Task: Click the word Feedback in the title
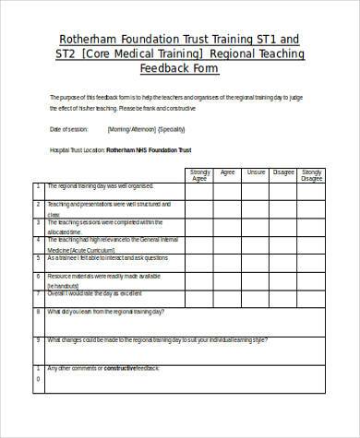[167, 69]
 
